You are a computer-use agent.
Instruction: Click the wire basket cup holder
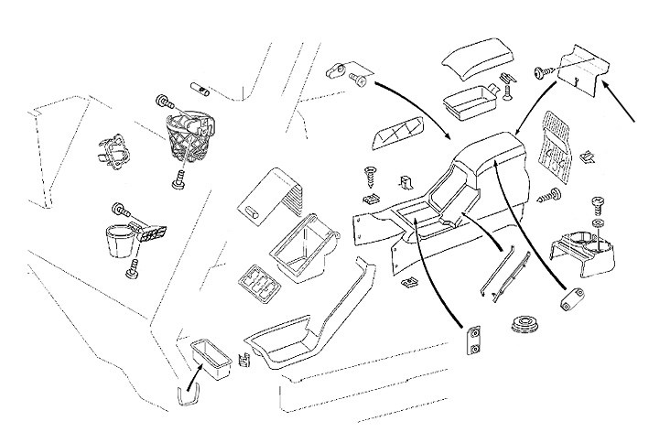pyautogui.click(x=189, y=135)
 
